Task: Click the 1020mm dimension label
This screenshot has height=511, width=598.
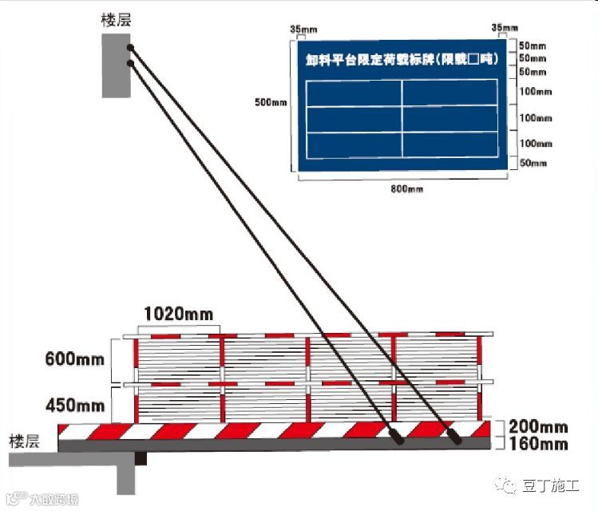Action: (178, 315)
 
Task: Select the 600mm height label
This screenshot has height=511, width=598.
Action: (76, 359)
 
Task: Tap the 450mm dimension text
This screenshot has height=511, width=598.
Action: (76, 406)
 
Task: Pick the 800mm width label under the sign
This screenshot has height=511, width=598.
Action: (406, 188)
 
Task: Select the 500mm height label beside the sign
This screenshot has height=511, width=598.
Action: (270, 102)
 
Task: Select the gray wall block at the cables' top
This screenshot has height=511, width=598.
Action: (116, 68)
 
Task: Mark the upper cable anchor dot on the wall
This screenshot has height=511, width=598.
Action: (129, 49)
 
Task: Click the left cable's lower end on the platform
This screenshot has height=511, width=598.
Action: (396, 437)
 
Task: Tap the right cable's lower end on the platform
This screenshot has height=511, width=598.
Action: (456, 438)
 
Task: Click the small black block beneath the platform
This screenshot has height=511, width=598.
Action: (141, 459)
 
